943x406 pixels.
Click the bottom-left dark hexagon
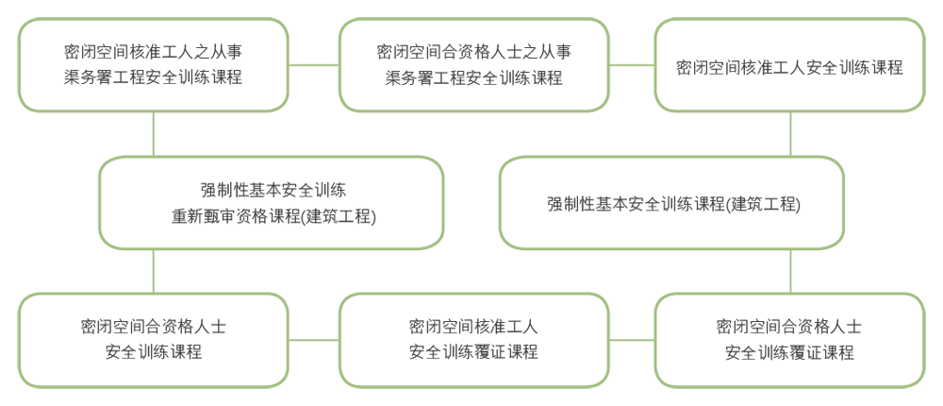(x=154, y=338)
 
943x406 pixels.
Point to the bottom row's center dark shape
(x=473, y=338)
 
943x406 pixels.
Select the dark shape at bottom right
(x=790, y=338)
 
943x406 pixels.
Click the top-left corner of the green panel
(x=19, y=18)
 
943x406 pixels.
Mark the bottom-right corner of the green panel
(x=924, y=387)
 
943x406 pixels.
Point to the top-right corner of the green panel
(x=924, y=18)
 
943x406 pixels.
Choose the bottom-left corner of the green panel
(x=19, y=387)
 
